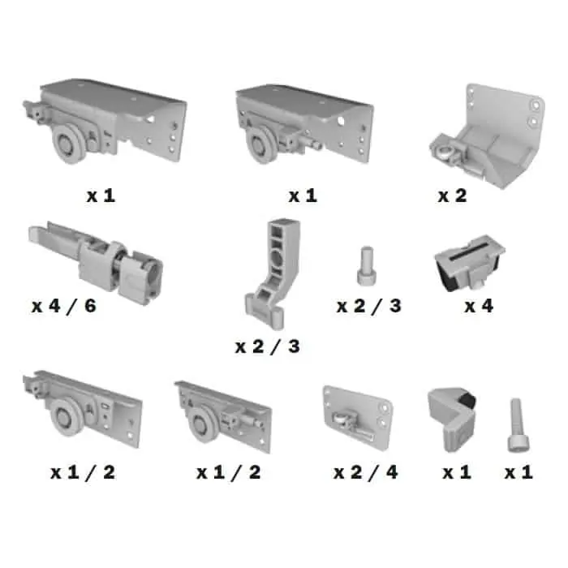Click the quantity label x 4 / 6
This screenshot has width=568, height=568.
coord(64,306)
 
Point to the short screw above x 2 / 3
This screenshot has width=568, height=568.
coord(367,265)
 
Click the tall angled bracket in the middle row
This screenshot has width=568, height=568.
coord(273,273)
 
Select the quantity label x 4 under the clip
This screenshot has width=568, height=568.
coord(479,306)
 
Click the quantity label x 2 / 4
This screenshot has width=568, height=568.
coord(366,472)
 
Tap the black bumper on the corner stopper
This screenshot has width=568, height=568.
coord(467,399)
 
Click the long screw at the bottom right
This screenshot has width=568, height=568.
coord(518,425)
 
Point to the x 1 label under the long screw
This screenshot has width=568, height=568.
coord(519,472)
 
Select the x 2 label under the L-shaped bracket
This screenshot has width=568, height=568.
coord(453,196)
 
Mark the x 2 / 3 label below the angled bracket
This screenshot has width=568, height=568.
coord(268,346)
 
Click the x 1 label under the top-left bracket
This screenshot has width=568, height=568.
coord(101,196)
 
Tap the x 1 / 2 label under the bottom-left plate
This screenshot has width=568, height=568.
coord(83,472)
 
